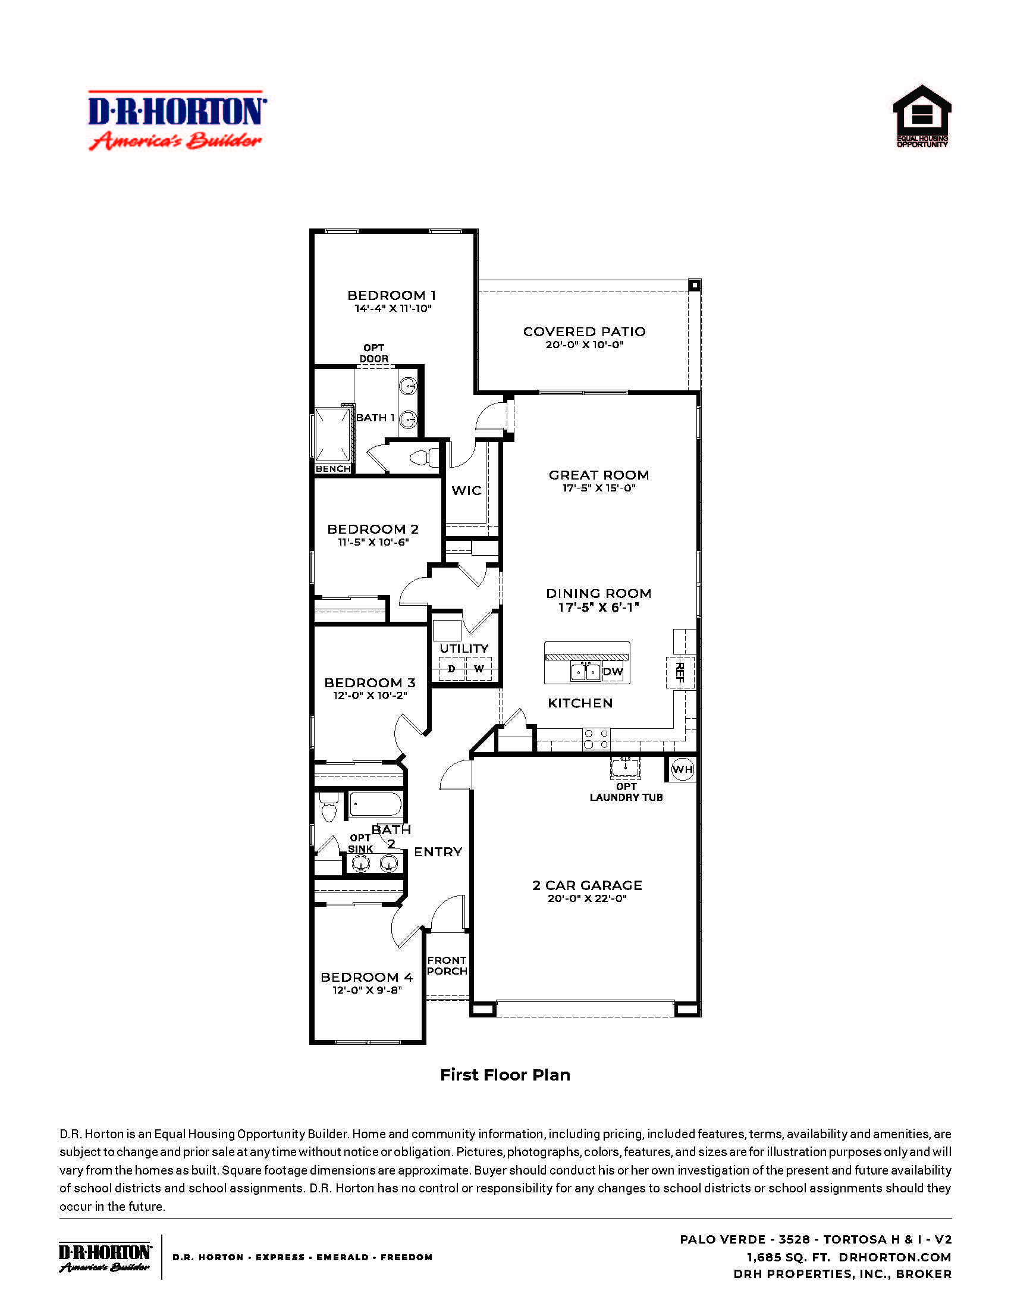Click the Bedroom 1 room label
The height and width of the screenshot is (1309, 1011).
[x=391, y=296]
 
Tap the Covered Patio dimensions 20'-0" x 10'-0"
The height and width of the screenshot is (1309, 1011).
[x=584, y=345]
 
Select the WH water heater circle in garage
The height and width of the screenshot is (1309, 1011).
[x=682, y=769]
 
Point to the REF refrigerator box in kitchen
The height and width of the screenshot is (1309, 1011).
[x=679, y=672]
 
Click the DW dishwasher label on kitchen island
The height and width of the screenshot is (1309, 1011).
[x=613, y=672]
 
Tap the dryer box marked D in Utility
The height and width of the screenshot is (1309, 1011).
[x=451, y=669]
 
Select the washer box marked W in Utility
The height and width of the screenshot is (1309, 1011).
[x=479, y=669]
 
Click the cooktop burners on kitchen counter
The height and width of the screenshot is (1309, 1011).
[x=596, y=738]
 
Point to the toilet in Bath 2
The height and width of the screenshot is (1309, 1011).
[x=328, y=807]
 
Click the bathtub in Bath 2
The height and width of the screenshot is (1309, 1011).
[x=375, y=804]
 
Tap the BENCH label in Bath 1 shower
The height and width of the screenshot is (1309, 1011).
[x=332, y=469]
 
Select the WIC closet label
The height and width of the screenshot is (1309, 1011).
[x=466, y=490]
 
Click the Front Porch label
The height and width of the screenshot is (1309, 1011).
[x=447, y=966]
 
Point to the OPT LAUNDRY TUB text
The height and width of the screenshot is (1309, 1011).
[x=626, y=792]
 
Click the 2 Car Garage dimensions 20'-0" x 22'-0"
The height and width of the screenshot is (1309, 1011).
[x=586, y=898]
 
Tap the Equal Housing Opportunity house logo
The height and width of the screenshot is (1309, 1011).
[x=922, y=115]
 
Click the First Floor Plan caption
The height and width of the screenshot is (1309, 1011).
[x=505, y=1075]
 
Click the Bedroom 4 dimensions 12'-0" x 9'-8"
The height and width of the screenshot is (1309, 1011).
[x=366, y=990]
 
